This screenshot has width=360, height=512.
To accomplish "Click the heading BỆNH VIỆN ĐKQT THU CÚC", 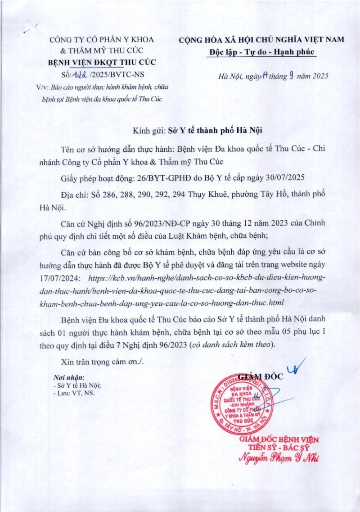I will (x=102, y=62).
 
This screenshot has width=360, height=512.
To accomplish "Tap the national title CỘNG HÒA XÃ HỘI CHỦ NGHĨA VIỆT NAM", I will (x=261, y=40).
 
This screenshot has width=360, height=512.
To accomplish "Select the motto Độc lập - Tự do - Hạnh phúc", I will (x=263, y=52).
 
